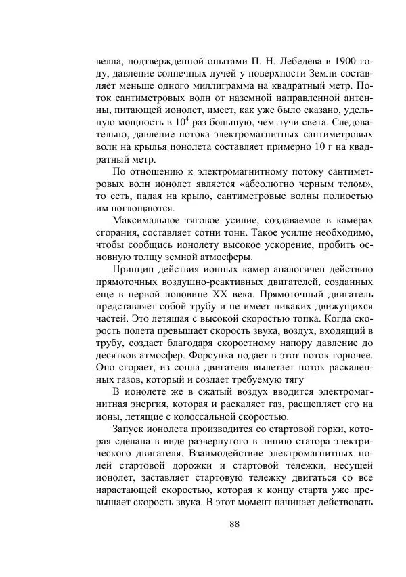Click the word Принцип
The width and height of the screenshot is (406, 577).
(136, 270)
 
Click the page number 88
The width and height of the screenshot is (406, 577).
(235, 524)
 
